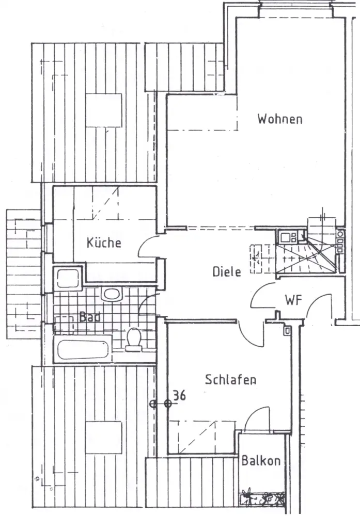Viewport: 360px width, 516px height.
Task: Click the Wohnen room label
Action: click(280, 119)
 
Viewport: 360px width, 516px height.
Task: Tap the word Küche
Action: click(104, 242)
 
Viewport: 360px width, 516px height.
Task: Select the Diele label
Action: click(227, 271)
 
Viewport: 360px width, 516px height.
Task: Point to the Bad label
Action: click(89, 316)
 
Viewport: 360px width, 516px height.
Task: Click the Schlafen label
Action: click(231, 380)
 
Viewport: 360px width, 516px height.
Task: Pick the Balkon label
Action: click(261, 460)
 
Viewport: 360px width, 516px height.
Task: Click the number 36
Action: click(179, 395)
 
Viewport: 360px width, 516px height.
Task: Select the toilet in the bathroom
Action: click(134, 339)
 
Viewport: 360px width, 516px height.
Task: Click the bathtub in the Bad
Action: click(84, 348)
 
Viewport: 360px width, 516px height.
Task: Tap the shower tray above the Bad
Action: click(68, 279)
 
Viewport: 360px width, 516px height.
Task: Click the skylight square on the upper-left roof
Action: click(104, 109)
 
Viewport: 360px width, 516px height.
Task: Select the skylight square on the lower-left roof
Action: click(104, 438)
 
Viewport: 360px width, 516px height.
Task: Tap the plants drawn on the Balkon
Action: click(262, 498)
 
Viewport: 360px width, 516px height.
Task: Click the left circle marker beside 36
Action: click(153, 404)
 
